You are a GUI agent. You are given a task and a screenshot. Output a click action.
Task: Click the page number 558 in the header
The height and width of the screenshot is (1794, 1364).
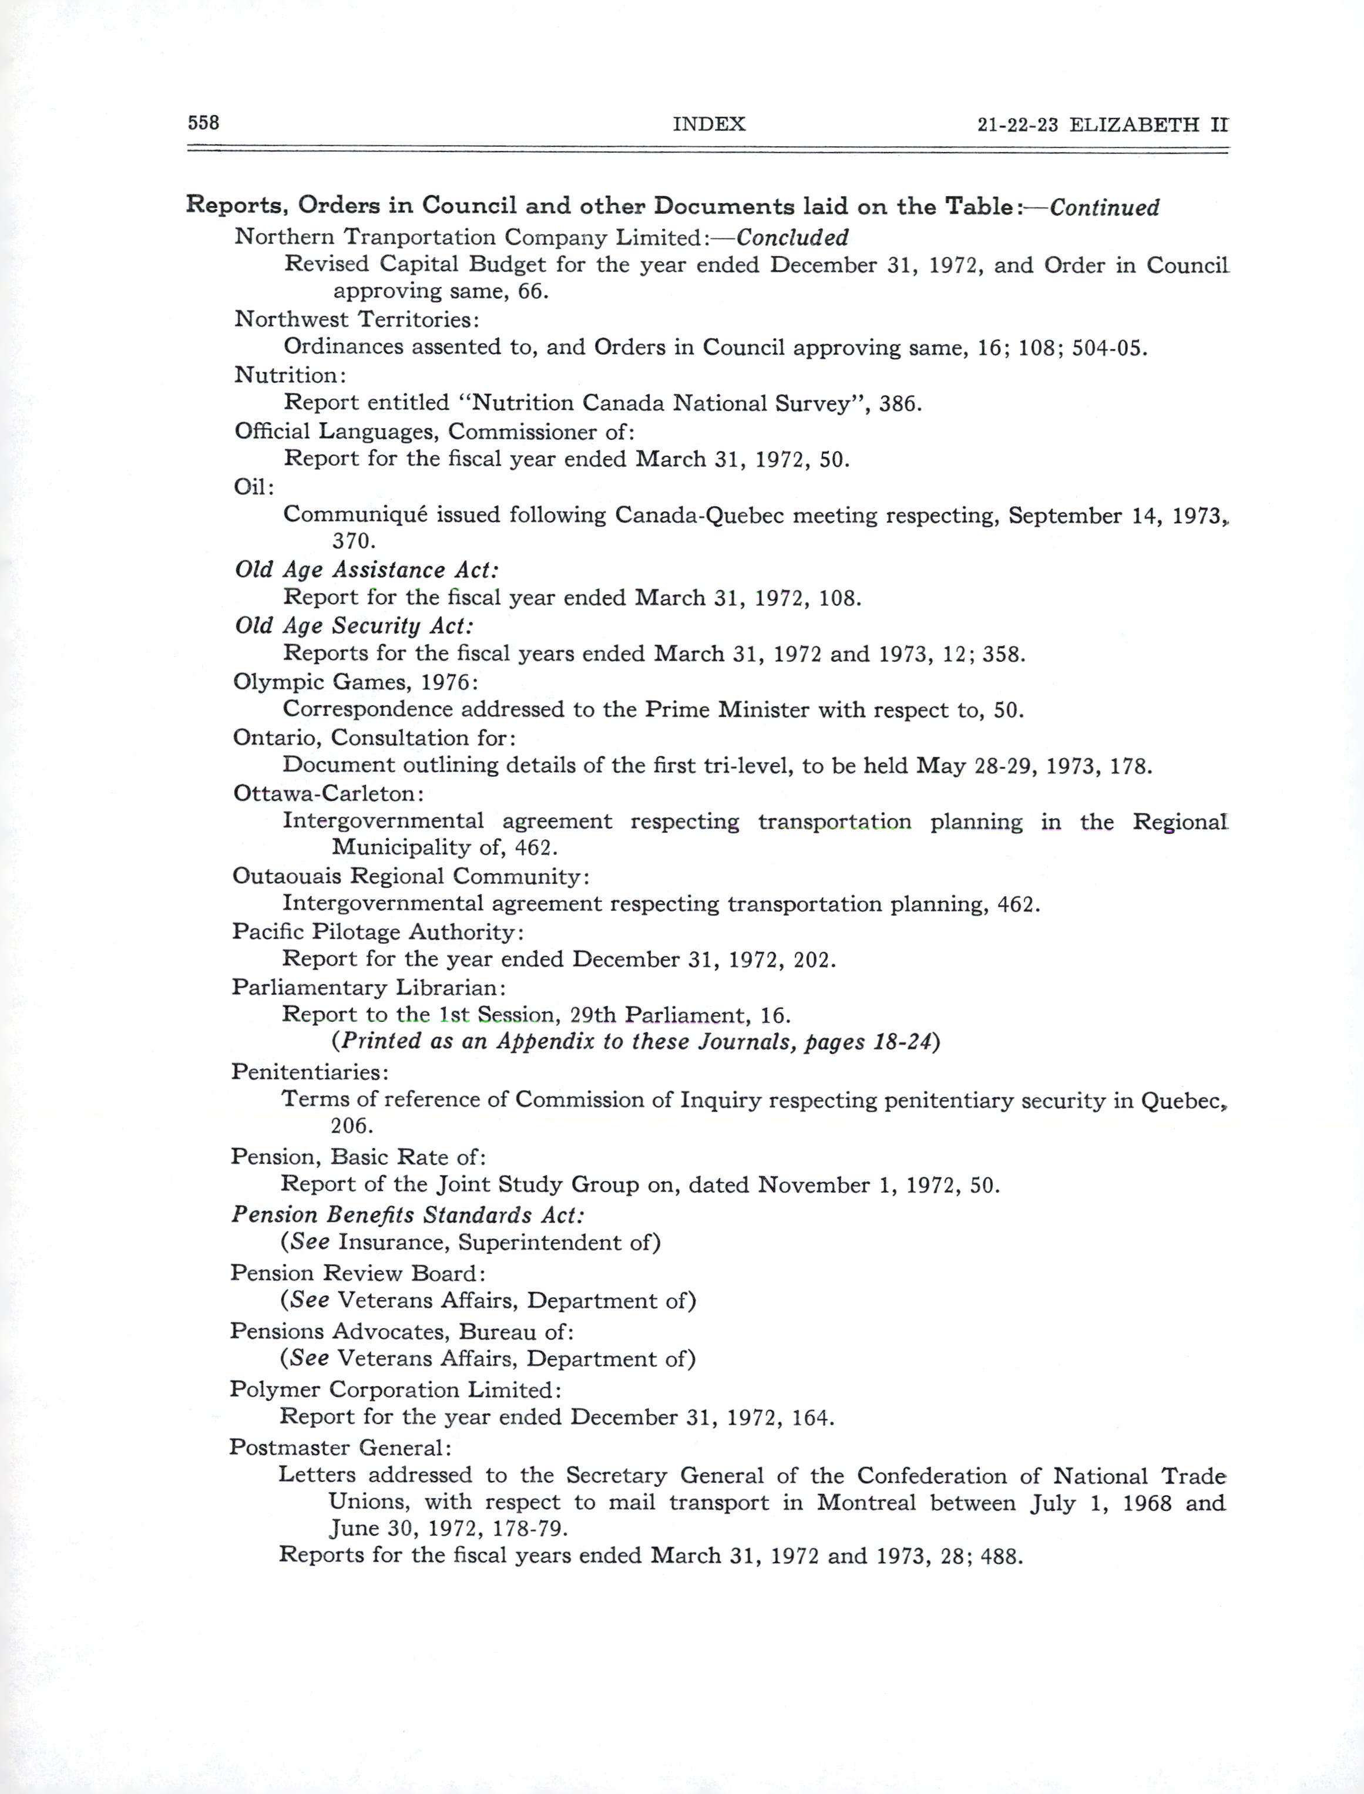pyautogui.click(x=204, y=123)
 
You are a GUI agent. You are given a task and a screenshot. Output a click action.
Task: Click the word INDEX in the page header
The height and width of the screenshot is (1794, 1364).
pyautogui.click(x=709, y=124)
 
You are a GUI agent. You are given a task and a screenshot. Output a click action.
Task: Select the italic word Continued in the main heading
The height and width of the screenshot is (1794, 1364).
pyautogui.click(x=1104, y=208)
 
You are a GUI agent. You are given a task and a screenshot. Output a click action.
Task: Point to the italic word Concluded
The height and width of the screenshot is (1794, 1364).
pyautogui.click(x=792, y=238)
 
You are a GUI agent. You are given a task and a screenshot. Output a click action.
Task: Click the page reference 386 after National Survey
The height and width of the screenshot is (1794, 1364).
pyautogui.click(x=899, y=403)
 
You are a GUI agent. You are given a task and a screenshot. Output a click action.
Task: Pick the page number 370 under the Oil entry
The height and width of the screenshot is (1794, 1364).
pyautogui.click(x=354, y=541)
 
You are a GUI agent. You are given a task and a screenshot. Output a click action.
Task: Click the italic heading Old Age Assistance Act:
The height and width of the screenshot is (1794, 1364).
pyautogui.click(x=366, y=570)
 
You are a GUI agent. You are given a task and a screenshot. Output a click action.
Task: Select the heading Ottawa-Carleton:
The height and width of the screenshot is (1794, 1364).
pyautogui.click(x=329, y=793)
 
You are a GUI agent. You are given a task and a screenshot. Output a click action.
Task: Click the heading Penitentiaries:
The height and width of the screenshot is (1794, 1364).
pyautogui.click(x=310, y=1072)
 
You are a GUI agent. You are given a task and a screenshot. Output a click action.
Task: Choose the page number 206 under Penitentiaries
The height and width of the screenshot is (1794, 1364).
pyautogui.click(x=351, y=1126)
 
